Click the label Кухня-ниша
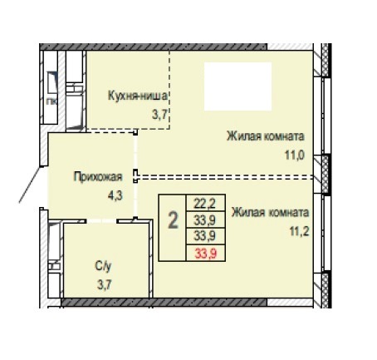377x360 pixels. pos(138,96)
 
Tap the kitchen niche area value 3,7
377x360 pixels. pos(160,114)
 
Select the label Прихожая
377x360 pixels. pos(98,176)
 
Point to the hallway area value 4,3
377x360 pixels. pos(115,195)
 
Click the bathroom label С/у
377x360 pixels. pos(103,266)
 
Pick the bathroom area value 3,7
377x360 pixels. pos(105,284)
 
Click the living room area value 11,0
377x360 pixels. pos(295,155)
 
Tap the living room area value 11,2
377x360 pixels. pos(299,230)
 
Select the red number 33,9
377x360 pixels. pos(205,253)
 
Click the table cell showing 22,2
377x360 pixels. pos(205,203)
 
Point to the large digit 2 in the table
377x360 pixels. pos(174,220)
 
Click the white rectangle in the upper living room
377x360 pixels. pos(238,86)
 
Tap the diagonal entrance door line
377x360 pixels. pos(30,185)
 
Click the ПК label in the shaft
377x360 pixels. pos(52,102)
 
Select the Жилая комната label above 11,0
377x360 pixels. pos(266,136)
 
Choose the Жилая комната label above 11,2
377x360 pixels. pos(270,213)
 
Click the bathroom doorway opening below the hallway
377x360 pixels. pos(101,221)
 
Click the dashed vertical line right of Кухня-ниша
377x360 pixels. pos(169,90)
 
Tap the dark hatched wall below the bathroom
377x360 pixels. pos(164,303)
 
